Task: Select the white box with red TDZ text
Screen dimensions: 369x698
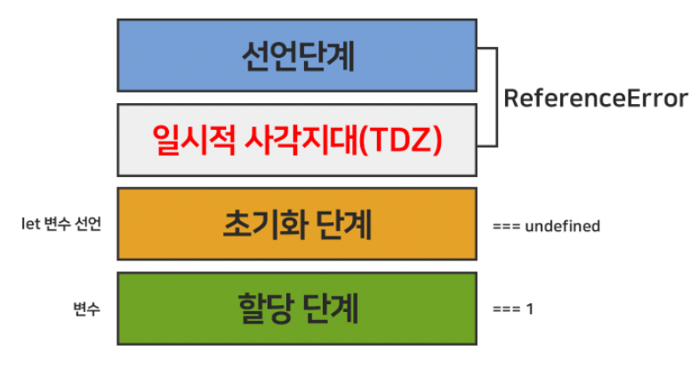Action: tap(297, 140)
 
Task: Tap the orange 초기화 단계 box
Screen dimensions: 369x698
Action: tap(297, 225)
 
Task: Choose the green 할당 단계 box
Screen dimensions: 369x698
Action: tap(297, 309)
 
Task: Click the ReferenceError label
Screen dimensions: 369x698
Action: tap(596, 99)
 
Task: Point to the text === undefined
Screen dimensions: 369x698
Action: tap(545, 227)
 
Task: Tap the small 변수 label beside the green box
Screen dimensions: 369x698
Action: tap(87, 309)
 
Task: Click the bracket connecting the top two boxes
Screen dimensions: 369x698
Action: tap(494, 98)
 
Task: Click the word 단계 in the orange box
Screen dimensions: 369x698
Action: tap(339, 225)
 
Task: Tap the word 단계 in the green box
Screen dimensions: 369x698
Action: tap(330, 309)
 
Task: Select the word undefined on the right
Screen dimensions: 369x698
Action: tap(562, 227)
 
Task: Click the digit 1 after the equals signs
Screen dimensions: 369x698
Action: tap(530, 310)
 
